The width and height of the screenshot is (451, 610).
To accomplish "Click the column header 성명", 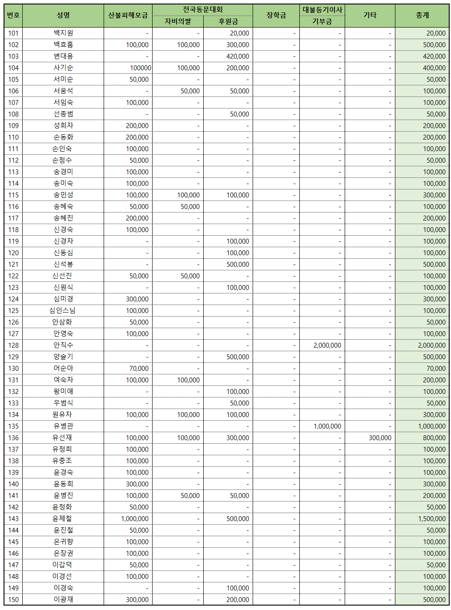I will point(63,16).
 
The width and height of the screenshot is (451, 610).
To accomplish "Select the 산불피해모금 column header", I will point(128,16).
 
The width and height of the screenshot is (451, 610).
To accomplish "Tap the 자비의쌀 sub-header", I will point(178,21).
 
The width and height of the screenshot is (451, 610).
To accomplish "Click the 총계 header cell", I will point(422,16).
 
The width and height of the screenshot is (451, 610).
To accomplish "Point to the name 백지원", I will point(63,33).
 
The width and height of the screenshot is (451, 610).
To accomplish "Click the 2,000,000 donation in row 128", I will point(327,345).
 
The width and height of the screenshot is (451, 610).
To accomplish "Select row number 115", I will point(13,195).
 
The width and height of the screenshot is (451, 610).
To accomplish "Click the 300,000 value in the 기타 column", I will point(380,438).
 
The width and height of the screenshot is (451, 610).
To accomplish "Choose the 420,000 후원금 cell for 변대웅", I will point(238,56).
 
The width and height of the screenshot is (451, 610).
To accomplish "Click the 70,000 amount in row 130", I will point(139,369).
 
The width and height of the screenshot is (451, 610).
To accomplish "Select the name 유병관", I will point(63,426).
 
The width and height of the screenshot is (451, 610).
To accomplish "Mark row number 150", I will point(13,600).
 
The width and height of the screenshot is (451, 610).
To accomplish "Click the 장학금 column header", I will point(276,16).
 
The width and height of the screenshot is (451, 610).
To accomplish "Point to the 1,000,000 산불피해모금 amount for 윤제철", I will point(135,519).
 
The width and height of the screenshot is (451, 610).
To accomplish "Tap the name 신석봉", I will point(63,265).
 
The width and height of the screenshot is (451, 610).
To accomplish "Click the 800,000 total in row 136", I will point(434,438).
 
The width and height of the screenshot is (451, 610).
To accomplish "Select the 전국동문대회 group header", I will point(202,10).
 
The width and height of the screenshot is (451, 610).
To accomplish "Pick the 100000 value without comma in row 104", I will point(141,68).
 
